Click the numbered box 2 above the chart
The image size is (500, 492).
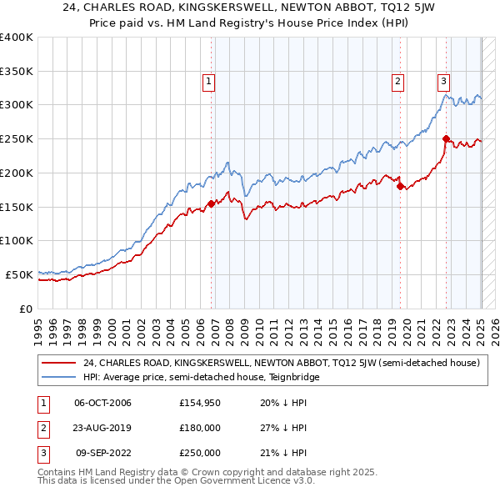[x=398, y=81]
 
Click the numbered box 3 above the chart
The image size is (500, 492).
[x=444, y=81]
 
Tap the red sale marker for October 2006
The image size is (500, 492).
[x=212, y=203]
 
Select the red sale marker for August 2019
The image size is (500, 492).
[x=400, y=186]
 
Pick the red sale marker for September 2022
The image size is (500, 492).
[x=446, y=138]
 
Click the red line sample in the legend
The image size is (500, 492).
[x=58, y=363]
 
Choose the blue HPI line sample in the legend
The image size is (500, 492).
[x=58, y=377]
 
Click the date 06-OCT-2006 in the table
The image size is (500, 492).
[x=103, y=403]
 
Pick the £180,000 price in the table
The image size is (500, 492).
[x=200, y=428]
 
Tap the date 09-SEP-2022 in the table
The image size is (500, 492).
[x=104, y=453]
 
